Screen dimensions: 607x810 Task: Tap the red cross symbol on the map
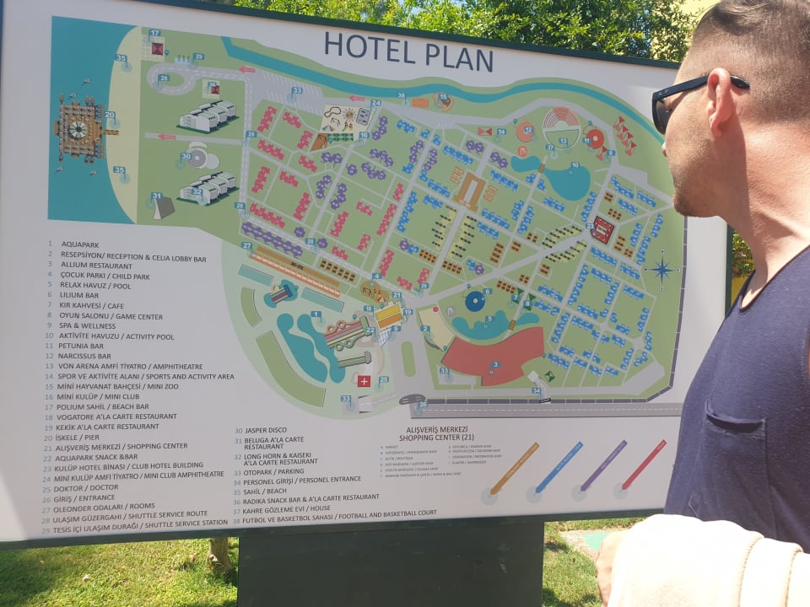(364, 381)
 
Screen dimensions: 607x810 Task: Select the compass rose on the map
(661, 270)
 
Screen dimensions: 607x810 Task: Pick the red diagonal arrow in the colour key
(645, 465)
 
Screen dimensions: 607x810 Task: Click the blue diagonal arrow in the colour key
(559, 467)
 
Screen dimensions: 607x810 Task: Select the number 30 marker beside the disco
(186, 157)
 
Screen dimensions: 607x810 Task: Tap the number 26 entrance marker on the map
(422, 405)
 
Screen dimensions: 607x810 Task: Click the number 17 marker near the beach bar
(154, 34)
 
